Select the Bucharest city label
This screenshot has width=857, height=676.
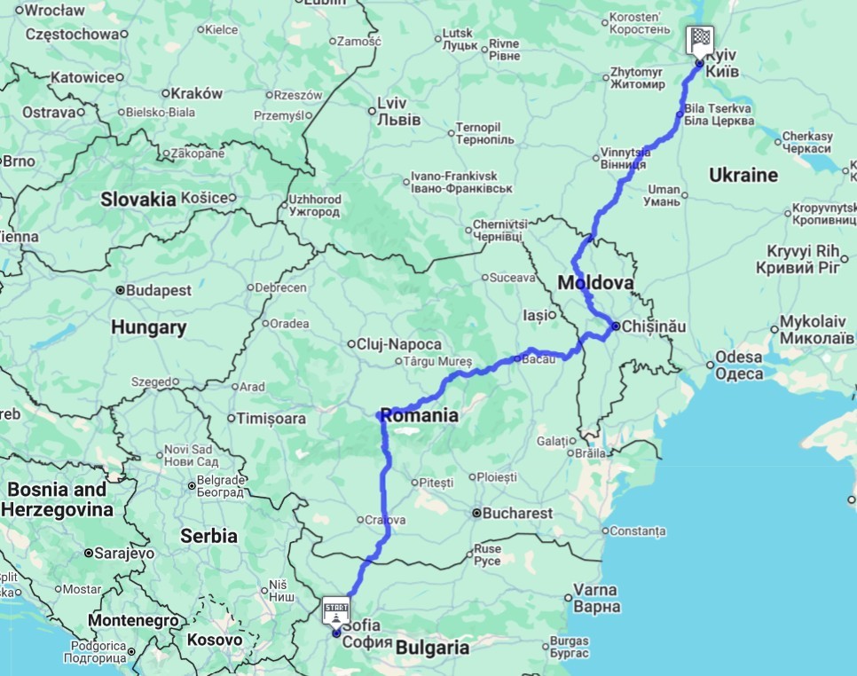tap(519, 513)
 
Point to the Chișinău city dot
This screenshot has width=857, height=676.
tap(616, 326)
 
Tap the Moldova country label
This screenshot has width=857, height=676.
tap(595, 284)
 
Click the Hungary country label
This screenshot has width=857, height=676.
tap(148, 327)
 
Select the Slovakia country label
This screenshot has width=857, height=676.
tap(138, 200)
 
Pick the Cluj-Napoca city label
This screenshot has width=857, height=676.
tap(400, 344)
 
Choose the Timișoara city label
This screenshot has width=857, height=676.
tap(271, 418)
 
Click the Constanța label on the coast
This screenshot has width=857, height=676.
tap(638, 531)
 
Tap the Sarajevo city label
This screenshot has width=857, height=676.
tap(124, 553)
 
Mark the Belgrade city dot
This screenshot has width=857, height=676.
tap(192, 485)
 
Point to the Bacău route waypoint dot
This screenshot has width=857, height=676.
tap(517, 359)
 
